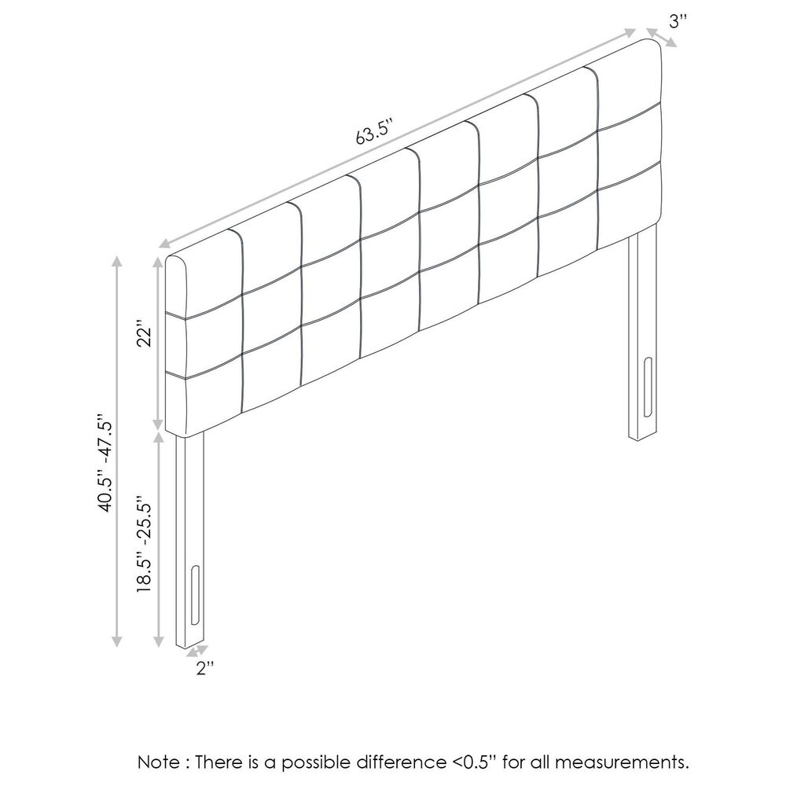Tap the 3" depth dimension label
coord(678,21)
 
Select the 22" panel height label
coord(144,332)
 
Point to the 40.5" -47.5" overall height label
coord(105,462)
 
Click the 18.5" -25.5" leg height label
coord(144,545)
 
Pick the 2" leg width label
coord(205,667)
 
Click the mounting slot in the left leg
coord(195,595)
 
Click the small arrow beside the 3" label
coord(662,38)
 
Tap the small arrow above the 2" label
coord(197,651)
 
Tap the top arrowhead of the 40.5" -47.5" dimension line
coord(117,262)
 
